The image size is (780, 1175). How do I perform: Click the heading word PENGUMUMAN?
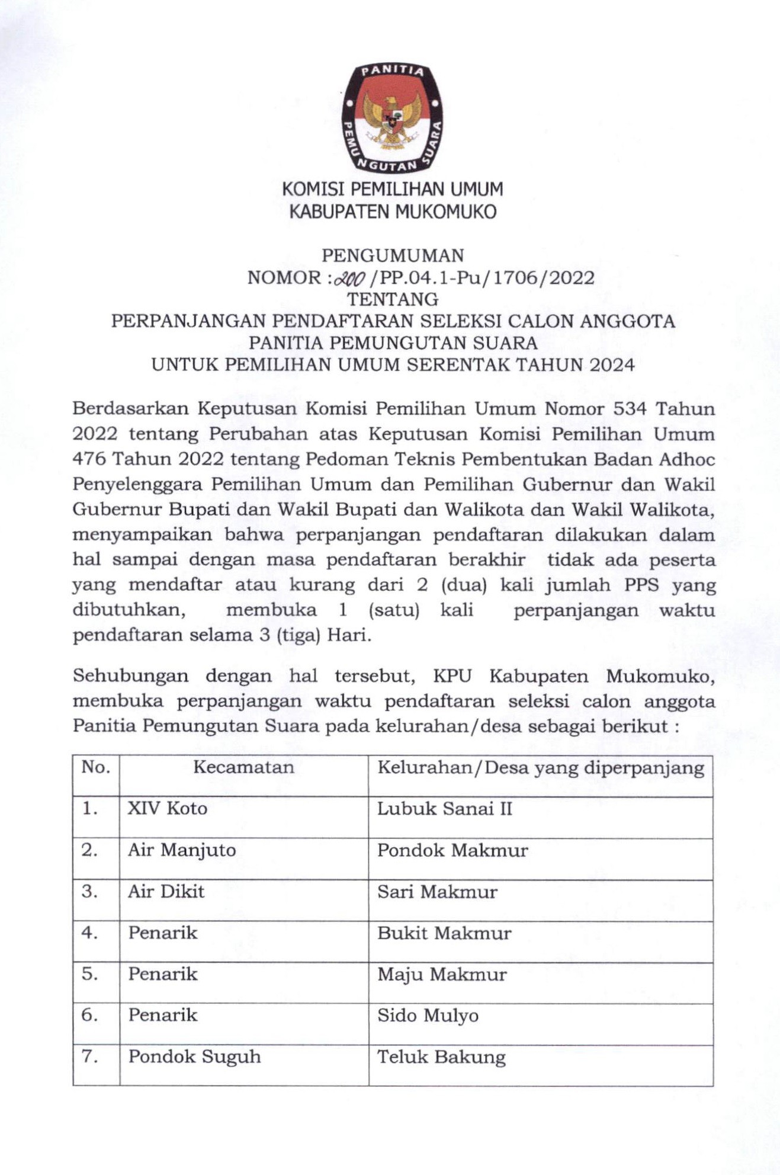point(393,255)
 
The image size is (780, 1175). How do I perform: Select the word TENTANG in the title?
point(393,299)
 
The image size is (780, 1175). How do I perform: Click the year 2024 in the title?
point(612,364)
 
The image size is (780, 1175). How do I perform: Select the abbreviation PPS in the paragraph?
point(641,585)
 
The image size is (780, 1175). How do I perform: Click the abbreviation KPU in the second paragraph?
point(454,676)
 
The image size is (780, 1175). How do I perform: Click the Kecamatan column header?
point(243,767)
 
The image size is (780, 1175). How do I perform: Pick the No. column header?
point(96,767)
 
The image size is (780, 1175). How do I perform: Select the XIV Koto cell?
point(168,809)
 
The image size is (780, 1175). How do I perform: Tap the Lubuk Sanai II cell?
point(445,809)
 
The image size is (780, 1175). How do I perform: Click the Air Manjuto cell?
point(182,850)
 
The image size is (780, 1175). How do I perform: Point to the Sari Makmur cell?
point(437,892)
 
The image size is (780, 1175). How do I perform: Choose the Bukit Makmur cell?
point(444,933)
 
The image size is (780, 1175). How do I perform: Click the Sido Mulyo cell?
point(428,1016)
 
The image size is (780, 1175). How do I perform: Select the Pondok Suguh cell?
point(194,1057)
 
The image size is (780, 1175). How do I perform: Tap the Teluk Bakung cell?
point(441,1057)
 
